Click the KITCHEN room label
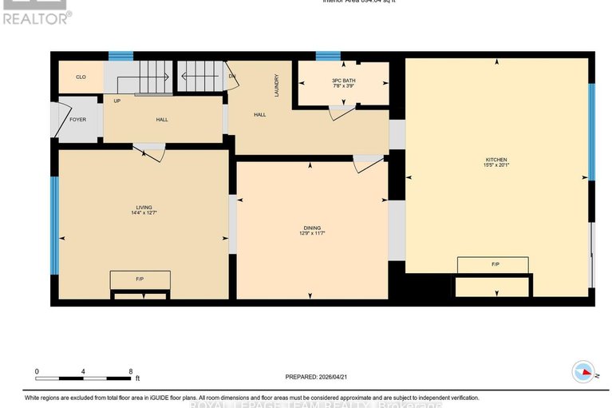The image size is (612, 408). pyautogui.click(x=496, y=160)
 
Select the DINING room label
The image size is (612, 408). pyautogui.click(x=312, y=228)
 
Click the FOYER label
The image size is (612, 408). pyautogui.click(x=77, y=120)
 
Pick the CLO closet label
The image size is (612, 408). pyautogui.click(x=81, y=77)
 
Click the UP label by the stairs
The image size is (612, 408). pyautogui.click(x=117, y=101)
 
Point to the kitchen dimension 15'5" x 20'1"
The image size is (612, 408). pyautogui.click(x=496, y=165)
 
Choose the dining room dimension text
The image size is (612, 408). pyautogui.click(x=312, y=233)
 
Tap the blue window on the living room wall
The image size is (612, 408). pyautogui.click(x=54, y=215)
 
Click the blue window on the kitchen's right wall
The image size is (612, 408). pyautogui.click(x=591, y=132)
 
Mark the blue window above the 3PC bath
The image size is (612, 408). pyautogui.click(x=327, y=56)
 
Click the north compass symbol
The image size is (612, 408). pyautogui.click(x=583, y=372)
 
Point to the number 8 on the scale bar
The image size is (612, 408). pyautogui.click(x=130, y=371)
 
